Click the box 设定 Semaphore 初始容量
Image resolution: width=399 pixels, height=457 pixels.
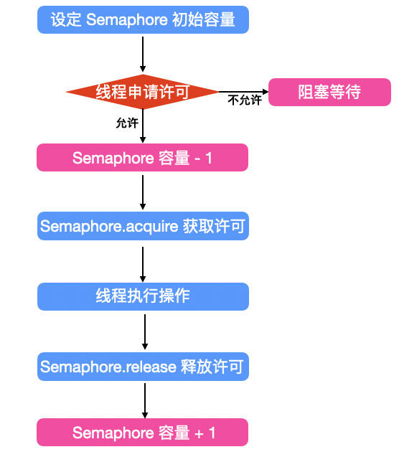[x=143, y=19]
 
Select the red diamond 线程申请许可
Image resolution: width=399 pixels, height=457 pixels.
[x=142, y=92]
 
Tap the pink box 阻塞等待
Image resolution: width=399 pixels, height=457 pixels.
[x=329, y=92]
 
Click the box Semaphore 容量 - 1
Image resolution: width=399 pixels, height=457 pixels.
[x=142, y=158]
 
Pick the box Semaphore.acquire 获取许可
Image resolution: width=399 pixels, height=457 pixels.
[x=143, y=227]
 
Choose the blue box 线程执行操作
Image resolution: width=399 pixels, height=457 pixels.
[x=143, y=296]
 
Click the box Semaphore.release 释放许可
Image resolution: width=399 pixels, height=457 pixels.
[x=143, y=367]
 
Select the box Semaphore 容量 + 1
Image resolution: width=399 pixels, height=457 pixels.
[x=143, y=433]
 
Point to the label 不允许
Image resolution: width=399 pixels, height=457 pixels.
[x=244, y=100]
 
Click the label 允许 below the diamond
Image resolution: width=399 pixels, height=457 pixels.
[x=127, y=123]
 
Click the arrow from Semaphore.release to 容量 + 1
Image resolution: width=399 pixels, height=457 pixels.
[x=144, y=400]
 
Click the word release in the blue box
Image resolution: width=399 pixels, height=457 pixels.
[x=150, y=367]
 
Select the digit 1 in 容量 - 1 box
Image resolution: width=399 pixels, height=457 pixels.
[x=209, y=158]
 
